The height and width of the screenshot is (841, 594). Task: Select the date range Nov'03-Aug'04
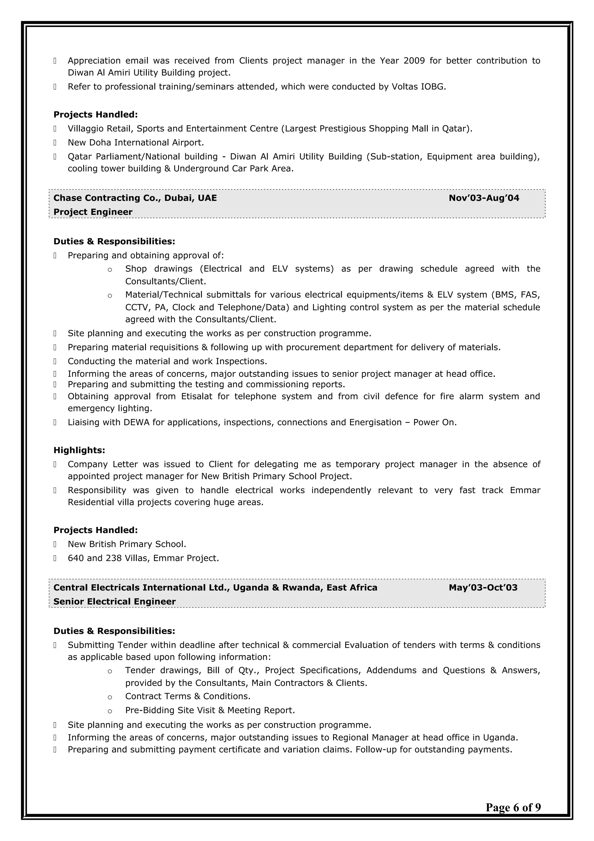[483, 198]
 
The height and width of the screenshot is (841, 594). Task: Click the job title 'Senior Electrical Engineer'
[115, 602]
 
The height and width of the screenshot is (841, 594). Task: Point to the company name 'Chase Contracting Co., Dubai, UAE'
[135, 198]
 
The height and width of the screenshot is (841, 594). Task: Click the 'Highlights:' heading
[79, 450]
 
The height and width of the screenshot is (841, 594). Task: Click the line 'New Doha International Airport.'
[136, 142]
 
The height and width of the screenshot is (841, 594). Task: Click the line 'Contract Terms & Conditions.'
[188, 696]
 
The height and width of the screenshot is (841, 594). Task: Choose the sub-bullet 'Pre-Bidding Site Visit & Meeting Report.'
[210, 710]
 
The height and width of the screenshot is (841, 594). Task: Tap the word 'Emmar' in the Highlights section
[525, 490]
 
